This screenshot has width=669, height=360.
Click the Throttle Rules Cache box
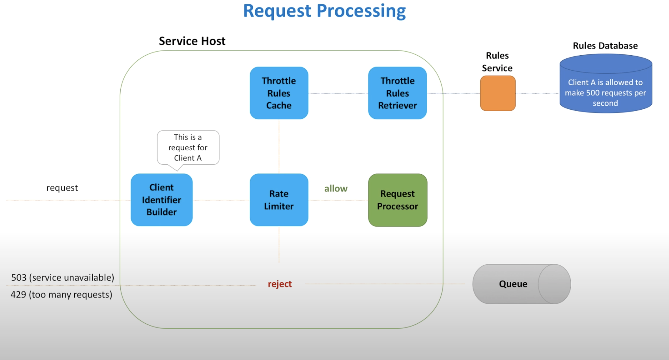click(279, 93)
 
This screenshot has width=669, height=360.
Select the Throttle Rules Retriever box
click(397, 93)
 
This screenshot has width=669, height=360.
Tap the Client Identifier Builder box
click(161, 200)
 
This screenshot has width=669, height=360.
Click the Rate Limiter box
click(279, 200)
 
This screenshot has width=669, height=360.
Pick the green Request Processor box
click(397, 200)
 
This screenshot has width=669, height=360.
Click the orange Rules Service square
click(497, 93)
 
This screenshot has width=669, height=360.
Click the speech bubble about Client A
click(188, 147)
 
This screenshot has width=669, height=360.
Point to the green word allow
click(336, 188)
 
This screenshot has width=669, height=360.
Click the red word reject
click(280, 284)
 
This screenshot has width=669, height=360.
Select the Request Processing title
click(324, 11)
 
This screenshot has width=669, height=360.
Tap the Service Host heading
click(192, 41)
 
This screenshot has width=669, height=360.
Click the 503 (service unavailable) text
click(62, 278)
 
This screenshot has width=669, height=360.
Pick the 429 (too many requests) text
click(61, 295)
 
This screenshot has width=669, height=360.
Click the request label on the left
click(62, 188)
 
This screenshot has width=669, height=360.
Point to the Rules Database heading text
click(605, 46)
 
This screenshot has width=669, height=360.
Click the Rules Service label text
click(497, 62)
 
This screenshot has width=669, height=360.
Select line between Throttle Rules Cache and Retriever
click(338, 93)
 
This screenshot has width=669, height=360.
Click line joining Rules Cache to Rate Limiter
click(279, 146)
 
